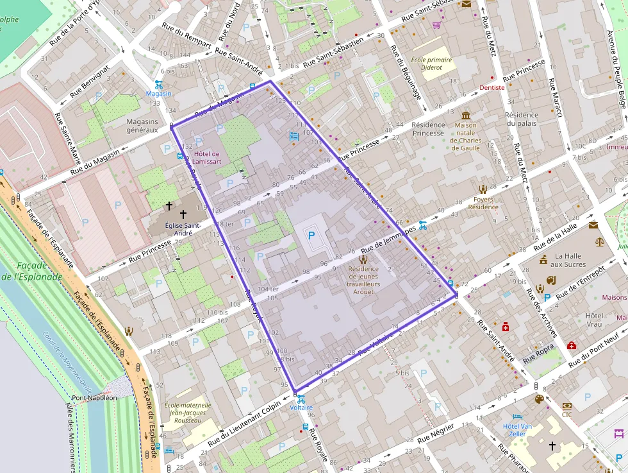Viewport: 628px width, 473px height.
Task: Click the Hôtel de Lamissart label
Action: pyautogui.click(x=206, y=158)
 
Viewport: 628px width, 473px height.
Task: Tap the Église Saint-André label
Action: pyautogui.click(x=183, y=229)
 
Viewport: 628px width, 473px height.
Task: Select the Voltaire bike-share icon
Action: pyautogui.click(x=301, y=399)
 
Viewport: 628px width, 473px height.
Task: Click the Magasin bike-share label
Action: pyautogui.click(x=159, y=94)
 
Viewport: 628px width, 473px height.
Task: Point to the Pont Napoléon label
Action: pyautogui.click(x=94, y=398)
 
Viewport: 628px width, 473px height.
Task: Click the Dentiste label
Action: pyautogui.click(x=492, y=87)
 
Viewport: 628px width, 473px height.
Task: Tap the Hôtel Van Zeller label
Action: pyautogui.click(x=518, y=430)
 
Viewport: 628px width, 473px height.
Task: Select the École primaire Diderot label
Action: pyautogui.click(x=431, y=64)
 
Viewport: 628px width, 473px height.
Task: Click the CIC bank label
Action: pyautogui.click(x=566, y=415)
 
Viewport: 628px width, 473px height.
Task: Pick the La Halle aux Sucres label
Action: pyautogui.click(x=568, y=260)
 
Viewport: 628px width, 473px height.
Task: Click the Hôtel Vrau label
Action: pyautogui.click(x=595, y=320)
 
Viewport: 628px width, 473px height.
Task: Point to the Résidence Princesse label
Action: pyautogui.click(x=428, y=129)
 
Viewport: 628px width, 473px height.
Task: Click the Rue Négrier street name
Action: pyautogui.click(x=436, y=434)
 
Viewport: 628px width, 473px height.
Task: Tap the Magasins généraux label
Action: pyautogui.click(x=142, y=126)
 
